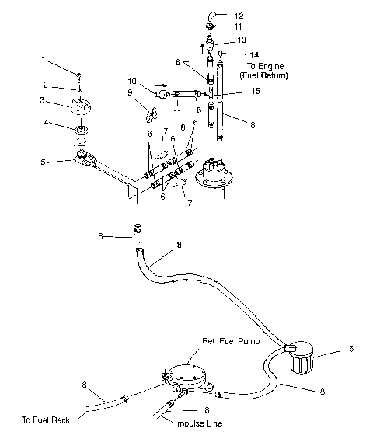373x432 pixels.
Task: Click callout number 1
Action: [x=44, y=59]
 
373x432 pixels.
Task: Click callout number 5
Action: [x=44, y=162]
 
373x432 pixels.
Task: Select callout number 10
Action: [x=131, y=80]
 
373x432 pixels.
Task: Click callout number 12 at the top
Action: [x=239, y=16]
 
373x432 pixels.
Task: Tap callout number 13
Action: [x=242, y=40]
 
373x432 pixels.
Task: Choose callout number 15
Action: [x=255, y=92]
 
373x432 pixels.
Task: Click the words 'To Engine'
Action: [x=263, y=66]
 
